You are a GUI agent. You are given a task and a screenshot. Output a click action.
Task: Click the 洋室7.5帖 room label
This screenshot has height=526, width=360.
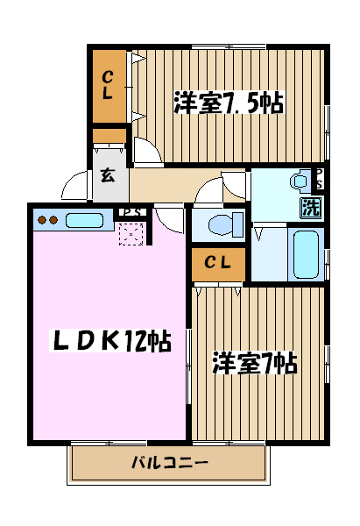tap(228, 102)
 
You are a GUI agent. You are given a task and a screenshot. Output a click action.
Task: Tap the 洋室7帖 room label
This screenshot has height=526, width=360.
tap(255, 363)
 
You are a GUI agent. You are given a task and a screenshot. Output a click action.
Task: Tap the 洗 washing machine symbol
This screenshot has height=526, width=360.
tap(312, 208)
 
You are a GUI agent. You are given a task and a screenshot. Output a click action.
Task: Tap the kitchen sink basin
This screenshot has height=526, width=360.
tap(84, 220)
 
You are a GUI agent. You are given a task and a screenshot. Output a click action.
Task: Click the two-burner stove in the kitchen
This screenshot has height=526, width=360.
tap(46, 220)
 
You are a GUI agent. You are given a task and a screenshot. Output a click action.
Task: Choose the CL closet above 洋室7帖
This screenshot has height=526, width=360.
tap(218, 263)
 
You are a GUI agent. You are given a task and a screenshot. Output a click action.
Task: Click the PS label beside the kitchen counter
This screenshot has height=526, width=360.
tap(131, 212)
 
